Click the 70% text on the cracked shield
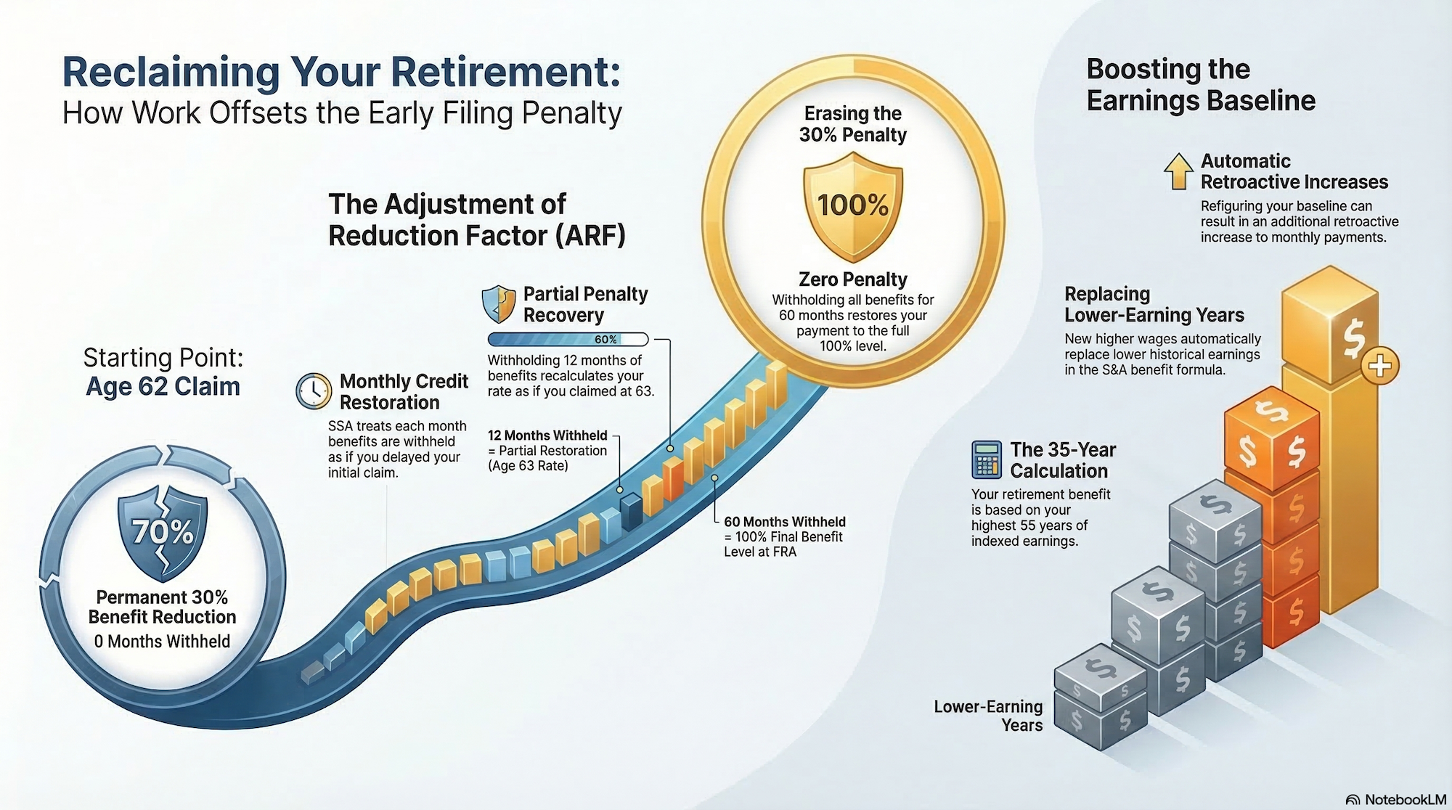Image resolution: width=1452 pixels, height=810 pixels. point(163,532)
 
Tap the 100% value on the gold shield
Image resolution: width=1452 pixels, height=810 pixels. point(853,205)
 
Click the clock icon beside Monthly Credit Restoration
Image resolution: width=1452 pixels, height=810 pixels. point(314,391)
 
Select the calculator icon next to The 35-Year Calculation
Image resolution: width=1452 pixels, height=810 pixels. point(986,459)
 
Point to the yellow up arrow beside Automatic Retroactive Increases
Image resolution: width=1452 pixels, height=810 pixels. point(1178,171)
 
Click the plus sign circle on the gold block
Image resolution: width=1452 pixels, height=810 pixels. point(1379,366)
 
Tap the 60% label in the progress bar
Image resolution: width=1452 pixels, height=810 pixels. point(605,340)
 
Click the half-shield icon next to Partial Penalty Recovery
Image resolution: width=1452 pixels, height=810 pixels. point(499,303)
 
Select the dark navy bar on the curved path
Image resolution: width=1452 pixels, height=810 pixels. point(631,510)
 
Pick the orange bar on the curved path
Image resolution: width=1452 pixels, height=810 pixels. point(673,478)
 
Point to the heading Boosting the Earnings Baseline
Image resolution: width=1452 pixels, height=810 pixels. point(1200,85)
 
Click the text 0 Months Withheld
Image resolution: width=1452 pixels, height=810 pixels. point(162,642)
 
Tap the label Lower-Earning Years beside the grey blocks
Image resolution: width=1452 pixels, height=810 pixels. point(988,716)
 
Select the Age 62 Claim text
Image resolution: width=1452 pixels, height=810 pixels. point(163,387)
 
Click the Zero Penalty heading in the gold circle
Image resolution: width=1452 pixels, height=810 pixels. point(853,279)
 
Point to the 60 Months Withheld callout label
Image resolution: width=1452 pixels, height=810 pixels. point(784,522)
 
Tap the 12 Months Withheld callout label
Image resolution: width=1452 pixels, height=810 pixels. point(547,435)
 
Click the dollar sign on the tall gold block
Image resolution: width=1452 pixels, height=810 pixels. point(1352,338)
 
